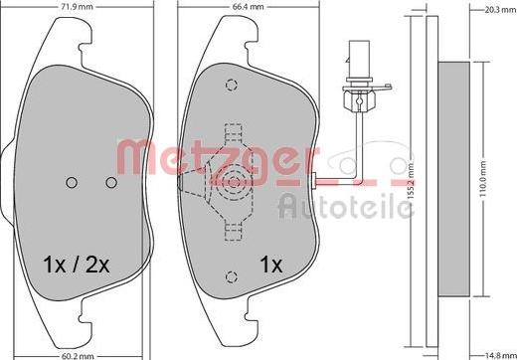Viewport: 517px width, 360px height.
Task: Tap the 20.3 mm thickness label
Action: coord(500,10)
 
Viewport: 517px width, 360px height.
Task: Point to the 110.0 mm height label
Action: coord(482,179)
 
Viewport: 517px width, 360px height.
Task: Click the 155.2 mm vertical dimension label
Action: coord(411,180)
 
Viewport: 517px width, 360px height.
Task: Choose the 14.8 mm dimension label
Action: coord(500,356)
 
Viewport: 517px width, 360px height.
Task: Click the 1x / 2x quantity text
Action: coord(77,265)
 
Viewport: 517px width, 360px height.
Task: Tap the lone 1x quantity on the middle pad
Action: coord(271,265)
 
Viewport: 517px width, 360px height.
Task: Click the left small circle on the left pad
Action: coord(72,182)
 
